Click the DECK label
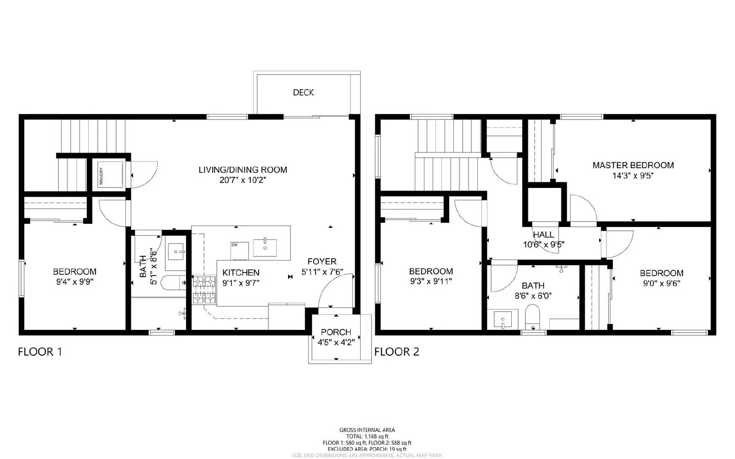pos(303,92)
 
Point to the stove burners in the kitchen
pos(204,290)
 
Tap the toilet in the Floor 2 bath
pos(532,316)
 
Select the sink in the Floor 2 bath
pos(503,319)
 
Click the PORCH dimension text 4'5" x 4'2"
pos(336,342)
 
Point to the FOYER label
pos(322,261)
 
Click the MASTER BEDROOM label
pos(633,165)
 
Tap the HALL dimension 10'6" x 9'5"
pos(543,244)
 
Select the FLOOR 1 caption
pos(40,352)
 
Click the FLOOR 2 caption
pos(396,352)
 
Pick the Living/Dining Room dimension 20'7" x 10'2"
pos(243,180)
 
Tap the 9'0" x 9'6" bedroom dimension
pos(661,283)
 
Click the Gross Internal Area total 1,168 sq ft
pos(367,436)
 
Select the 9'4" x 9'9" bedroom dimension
pos(74,282)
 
